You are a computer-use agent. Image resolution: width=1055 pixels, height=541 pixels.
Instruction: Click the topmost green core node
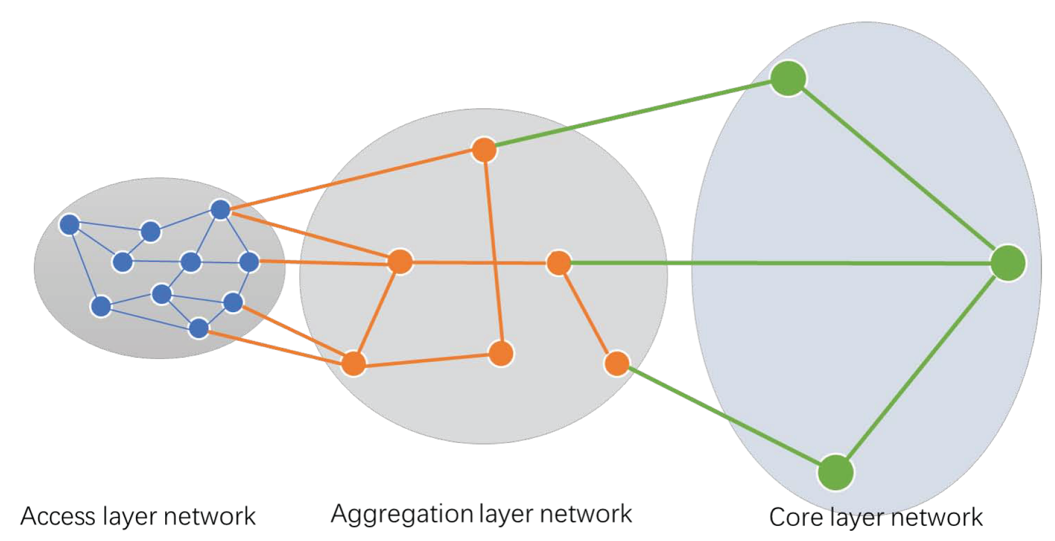pyautogui.click(x=787, y=78)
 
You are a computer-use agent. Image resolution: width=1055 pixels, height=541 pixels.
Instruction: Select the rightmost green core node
pyautogui.click(x=1008, y=263)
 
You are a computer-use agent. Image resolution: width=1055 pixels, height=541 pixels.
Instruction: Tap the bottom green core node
pyautogui.click(x=835, y=472)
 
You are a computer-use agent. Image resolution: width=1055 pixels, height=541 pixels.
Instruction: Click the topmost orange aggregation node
pyautogui.click(x=484, y=150)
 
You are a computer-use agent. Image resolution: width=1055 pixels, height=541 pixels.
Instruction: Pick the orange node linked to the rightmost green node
pyautogui.click(x=558, y=263)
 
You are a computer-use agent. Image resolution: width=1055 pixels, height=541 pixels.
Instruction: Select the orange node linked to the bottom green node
pyautogui.click(x=617, y=363)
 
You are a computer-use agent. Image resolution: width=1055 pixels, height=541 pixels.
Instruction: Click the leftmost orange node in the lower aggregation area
pyautogui.click(x=353, y=363)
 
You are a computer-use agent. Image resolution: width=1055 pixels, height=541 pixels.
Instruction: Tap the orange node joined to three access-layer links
pyautogui.click(x=400, y=261)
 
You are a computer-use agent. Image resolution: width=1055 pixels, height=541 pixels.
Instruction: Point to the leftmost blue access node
pyautogui.click(x=69, y=224)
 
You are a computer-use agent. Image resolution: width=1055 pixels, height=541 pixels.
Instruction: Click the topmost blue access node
pyautogui.click(x=220, y=210)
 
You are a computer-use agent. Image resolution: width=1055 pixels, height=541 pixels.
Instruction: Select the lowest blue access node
pyautogui.click(x=198, y=328)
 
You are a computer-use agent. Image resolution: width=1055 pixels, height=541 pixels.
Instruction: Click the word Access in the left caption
pyautogui.click(x=58, y=516)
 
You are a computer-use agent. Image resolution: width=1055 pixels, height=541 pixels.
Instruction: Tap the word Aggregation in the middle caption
pyautogui.click(x=401, y=514)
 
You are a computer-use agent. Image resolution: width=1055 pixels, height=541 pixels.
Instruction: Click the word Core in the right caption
pyautogui.click(x=796, y=517)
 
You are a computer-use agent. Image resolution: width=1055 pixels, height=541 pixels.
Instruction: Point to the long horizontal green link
pyautogui.click(x=789, y=263)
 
